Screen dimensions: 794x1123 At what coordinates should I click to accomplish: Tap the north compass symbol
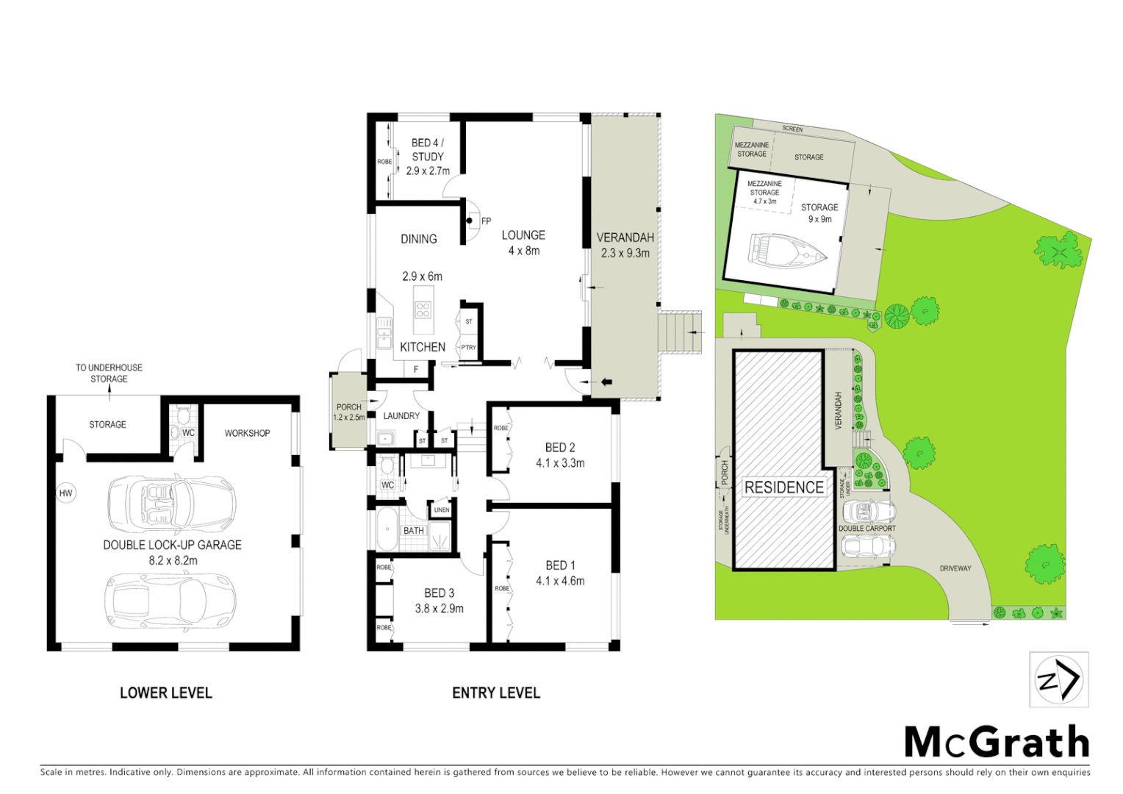(x=1058, y=679)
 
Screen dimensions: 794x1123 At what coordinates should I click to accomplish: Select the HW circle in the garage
(x=66, y=493)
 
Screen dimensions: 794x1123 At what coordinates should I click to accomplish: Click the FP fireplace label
(x=486, y=221)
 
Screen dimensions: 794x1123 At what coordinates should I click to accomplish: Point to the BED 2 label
(x=560, y=447)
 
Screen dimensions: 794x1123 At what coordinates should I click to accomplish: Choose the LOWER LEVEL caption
(x=166, y=693)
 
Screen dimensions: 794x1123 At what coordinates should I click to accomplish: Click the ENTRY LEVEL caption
(x=496, y=693)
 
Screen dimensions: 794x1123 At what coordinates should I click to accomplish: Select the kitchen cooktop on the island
(x=423, y=310)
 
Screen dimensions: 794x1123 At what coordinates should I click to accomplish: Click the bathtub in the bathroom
(x=387, y=529)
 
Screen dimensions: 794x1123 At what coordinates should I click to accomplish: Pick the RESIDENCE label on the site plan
(x=784, y=487)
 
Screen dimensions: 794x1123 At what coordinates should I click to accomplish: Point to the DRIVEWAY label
(x=955, y=568)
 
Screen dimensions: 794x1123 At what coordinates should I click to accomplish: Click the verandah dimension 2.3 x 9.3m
(x=625, y=253)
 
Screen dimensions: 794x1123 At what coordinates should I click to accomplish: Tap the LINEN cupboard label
(x=442, y=509)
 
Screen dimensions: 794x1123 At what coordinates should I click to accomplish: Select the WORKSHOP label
(x=247, y=433)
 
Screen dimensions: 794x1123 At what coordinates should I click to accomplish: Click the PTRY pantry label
(x=468, y=348)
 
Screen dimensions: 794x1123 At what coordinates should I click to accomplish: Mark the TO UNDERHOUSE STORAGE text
(x=109, y=373)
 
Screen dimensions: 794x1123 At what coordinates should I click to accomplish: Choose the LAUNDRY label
(x=401, y=415)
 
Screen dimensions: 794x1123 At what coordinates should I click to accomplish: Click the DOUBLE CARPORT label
(x=867, y=529)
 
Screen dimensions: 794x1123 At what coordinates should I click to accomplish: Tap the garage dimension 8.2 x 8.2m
(x=173, y=560)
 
